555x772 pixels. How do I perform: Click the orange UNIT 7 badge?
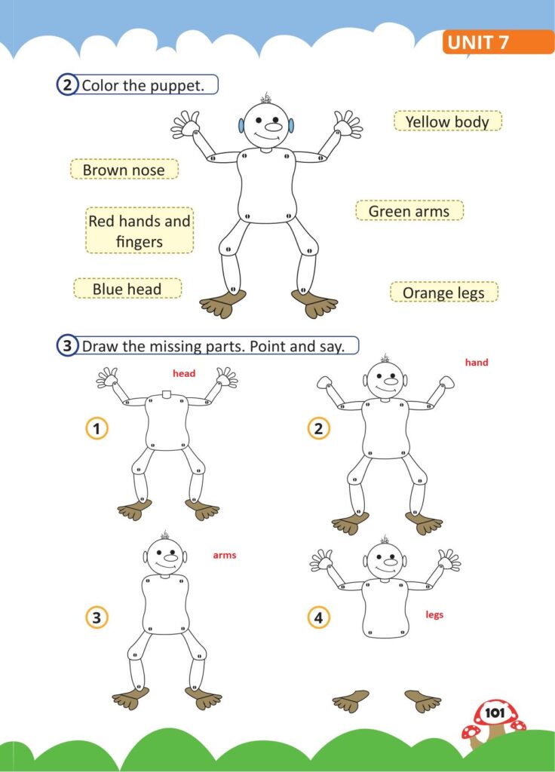coord(498,42)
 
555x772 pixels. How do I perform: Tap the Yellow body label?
coord(448,121)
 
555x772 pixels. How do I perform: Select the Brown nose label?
coord(124,170)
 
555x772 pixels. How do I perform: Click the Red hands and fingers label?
coord(140,231)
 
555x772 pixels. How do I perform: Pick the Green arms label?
coord(409,211)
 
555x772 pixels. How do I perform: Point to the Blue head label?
coord(127,289)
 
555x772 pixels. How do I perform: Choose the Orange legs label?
coord(443,292)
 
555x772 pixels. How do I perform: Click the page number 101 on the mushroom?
coord(495,712)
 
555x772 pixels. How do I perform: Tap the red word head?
coord(184,373)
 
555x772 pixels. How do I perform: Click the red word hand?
coord(477,363)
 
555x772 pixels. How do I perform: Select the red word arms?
coord(225,555)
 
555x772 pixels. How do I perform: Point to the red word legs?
coord(434,614)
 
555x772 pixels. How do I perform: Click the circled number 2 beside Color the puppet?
coord(67,85)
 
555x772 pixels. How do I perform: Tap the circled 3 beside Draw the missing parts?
coord(67,345)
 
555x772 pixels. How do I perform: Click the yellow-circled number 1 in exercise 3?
coord(97,428)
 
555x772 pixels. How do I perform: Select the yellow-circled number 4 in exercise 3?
coord(319,617)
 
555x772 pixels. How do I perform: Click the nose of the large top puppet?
coord(273,127)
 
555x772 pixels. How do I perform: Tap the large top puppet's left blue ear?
coord(241,126)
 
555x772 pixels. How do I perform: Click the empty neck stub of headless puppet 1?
coord(167,394)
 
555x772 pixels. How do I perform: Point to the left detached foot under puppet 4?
coord(351,700)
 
